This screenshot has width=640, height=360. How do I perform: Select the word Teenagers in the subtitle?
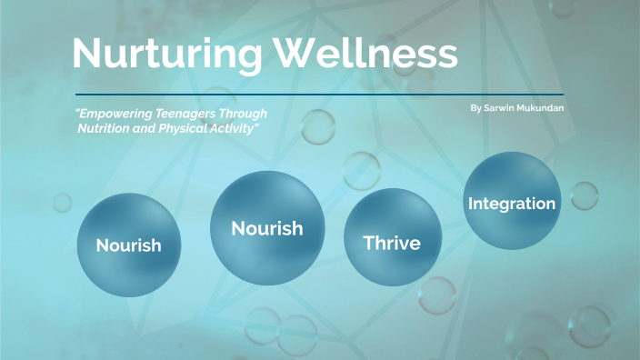pos(201,114)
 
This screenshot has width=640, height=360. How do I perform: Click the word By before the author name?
pos(475,108)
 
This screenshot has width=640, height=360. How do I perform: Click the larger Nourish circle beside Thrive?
pos(267,228)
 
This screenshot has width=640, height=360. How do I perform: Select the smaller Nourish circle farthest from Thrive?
pos(128,245)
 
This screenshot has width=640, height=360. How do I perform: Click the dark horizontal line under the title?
pos(318,95)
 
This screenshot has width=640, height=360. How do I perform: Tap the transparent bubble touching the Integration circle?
pos(584,195)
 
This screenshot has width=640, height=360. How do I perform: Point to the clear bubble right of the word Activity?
pos(318,126)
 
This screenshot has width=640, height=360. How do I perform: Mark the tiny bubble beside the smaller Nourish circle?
pos(61,202)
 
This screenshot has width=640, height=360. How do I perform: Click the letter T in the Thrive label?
pos(368,243)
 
